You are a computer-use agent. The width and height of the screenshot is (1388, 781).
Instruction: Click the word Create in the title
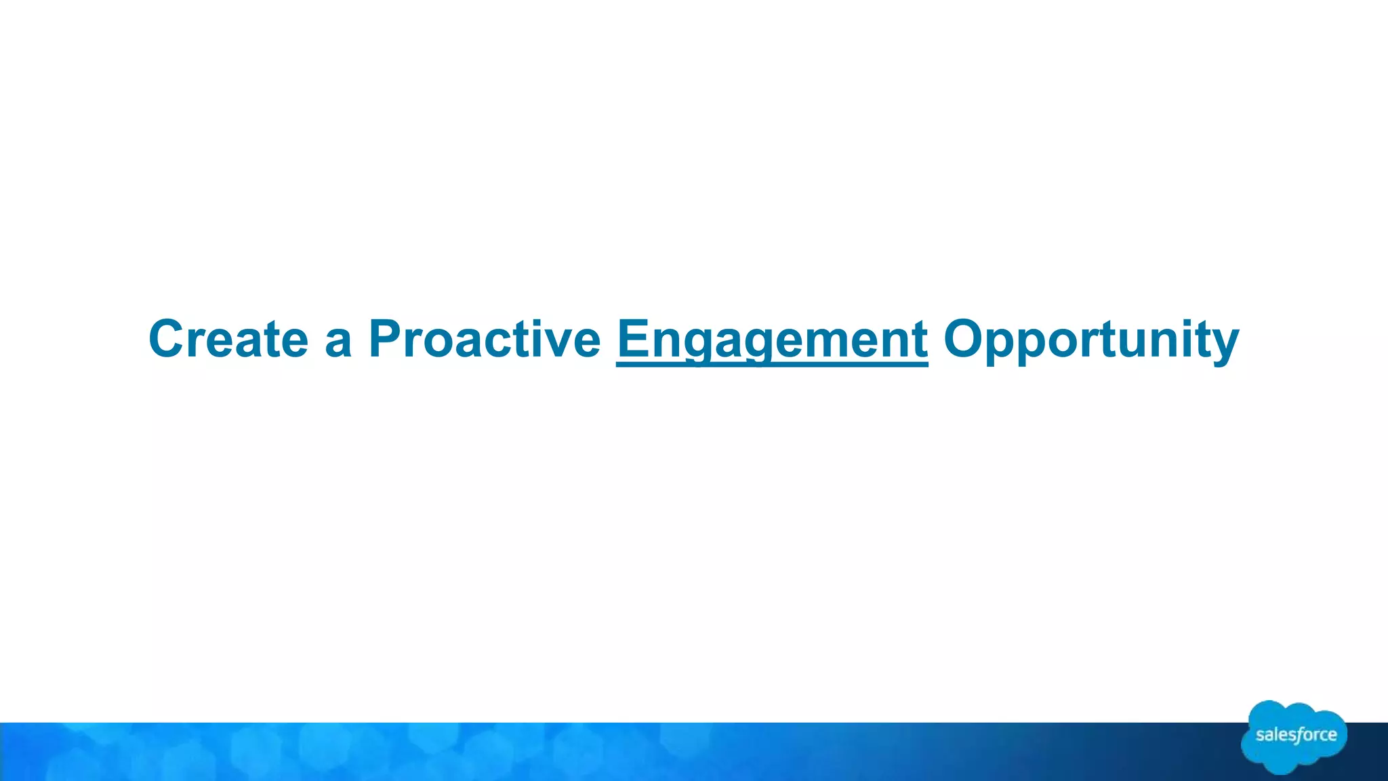[228, 338]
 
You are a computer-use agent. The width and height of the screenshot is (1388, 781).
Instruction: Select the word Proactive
[484, 338]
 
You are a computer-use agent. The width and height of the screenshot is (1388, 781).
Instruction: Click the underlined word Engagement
[772, 338]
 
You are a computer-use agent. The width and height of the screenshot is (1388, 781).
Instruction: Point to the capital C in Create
[167, 338]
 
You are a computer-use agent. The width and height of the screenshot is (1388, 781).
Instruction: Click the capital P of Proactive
[384, 338]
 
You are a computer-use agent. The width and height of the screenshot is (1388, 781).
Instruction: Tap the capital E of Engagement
[633, 338]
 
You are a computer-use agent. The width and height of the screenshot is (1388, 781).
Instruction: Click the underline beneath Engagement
[772, 365]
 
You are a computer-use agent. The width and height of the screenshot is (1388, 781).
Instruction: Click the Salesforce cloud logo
[1294, 737]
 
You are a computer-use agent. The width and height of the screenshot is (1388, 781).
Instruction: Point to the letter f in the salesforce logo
[1297, 736]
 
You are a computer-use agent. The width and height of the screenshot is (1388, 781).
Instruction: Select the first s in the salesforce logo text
[1261, 736]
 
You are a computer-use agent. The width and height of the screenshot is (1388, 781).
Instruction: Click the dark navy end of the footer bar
[1369, 753]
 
